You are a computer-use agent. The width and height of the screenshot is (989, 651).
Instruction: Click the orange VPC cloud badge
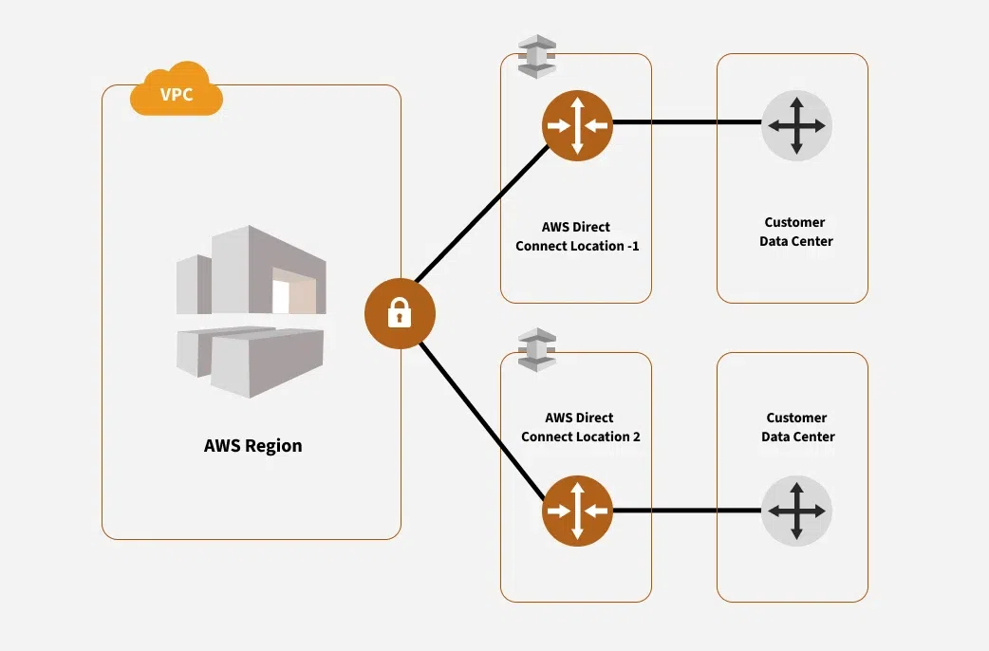(177, 93)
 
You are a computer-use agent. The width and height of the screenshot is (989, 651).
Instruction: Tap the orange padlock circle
(400, 313)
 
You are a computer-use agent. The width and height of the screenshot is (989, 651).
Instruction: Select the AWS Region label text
(252, 445)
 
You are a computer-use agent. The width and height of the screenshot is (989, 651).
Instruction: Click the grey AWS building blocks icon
(251, 309)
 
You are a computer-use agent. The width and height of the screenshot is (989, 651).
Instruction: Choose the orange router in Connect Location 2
(577, 511)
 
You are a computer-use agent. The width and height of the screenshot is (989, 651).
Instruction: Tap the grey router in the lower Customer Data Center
(796, 511)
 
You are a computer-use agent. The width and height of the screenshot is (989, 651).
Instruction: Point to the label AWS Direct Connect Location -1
(576, 236)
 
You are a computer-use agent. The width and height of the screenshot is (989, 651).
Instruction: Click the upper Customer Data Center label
(795, 232)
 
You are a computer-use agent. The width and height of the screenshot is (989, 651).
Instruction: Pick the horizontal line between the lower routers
(687, 511)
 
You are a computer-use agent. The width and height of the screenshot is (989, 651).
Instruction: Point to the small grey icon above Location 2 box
(538, 348)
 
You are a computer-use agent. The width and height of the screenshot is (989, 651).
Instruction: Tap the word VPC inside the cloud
(176, 96)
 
